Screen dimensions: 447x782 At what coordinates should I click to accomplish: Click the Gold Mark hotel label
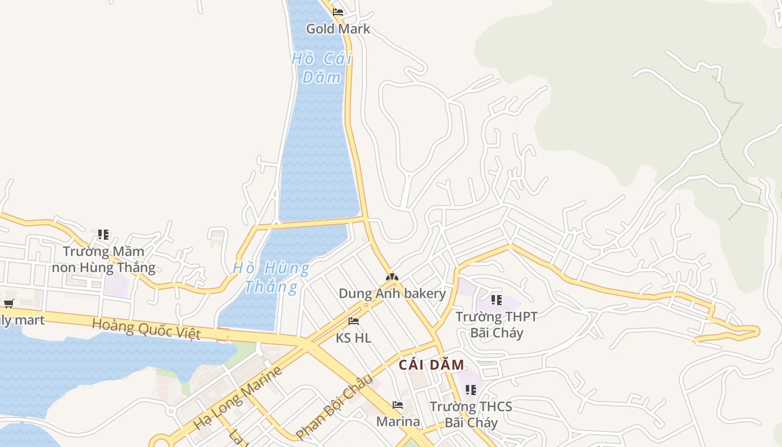[x=338, y=28]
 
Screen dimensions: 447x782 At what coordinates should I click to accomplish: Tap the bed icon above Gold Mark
[x=337, y=12]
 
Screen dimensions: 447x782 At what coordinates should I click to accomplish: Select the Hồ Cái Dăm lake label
[x=322, y=67]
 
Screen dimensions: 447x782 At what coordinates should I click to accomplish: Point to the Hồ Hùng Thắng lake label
[x=271, y=277]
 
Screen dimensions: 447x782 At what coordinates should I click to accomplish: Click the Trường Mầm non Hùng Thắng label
[x=103, y=259]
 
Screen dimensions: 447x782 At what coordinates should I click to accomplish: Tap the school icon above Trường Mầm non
[x=103, y=235]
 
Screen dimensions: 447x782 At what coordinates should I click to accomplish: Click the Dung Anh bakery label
[x=392, y=293]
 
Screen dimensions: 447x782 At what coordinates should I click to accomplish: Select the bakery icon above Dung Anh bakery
[x=392, y=277]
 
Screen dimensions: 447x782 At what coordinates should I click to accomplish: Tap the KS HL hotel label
[x=353, y=337]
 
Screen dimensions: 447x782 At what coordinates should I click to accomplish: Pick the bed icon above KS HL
[x=353, y=321]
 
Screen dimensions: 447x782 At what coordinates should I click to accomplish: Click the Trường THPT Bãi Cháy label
[x=497, y=325]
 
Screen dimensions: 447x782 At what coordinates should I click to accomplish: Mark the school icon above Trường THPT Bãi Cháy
[x=496, y=300]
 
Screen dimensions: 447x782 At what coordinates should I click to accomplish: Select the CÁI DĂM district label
[x=431, y=365]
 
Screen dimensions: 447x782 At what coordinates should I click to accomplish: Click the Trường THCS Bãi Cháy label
[x=471, y=414]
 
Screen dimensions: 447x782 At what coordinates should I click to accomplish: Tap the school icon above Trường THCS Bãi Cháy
[x=471, y=389]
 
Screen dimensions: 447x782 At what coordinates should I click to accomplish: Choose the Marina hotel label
[x=398, y=421]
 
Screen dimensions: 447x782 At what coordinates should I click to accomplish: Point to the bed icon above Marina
[x=398, y=405]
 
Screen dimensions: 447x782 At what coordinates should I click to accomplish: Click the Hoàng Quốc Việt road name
[x=146, y=329]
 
